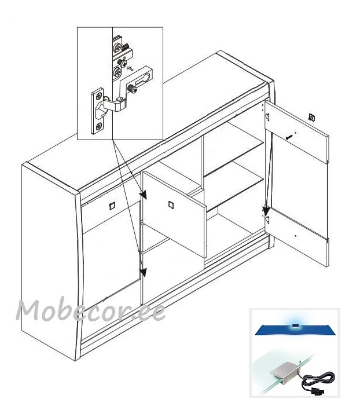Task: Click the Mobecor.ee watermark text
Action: pyautogui.click(x=90, y=310)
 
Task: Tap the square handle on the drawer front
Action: pyautogui.click(x=112, y=206)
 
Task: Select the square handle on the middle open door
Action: pyautogui.click(x=171, y=205)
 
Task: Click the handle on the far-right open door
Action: pyautogui.click(x=312, y=117)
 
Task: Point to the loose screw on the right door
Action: pyautogui.click(x=289, y=137)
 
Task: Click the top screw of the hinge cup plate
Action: pyautogui.click(x=99, y=96)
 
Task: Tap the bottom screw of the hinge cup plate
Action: pyautogui.click(x=98, y=126)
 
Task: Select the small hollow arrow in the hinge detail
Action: pyautogui.click(x=130, y=68)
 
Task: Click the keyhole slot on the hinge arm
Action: pyautogui.click(x=144, y=79)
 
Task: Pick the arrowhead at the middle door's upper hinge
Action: pyautogui.click(x=144, y=195)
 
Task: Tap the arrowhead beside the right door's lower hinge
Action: pyautogui.click(x=266, y=211)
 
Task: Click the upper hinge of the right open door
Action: pyautogui.click(x=267, y=116)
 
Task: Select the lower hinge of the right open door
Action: pyautogui.click(x=267, y=219)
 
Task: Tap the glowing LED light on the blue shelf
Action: pyautogui.click(x=295, y=325)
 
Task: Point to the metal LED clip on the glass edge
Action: pyautogui.click(x=285, y=372)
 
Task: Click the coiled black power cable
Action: pyautogui.click(x=318, y=381)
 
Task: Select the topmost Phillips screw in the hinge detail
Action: pyautogui.click(x=117, y=48)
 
